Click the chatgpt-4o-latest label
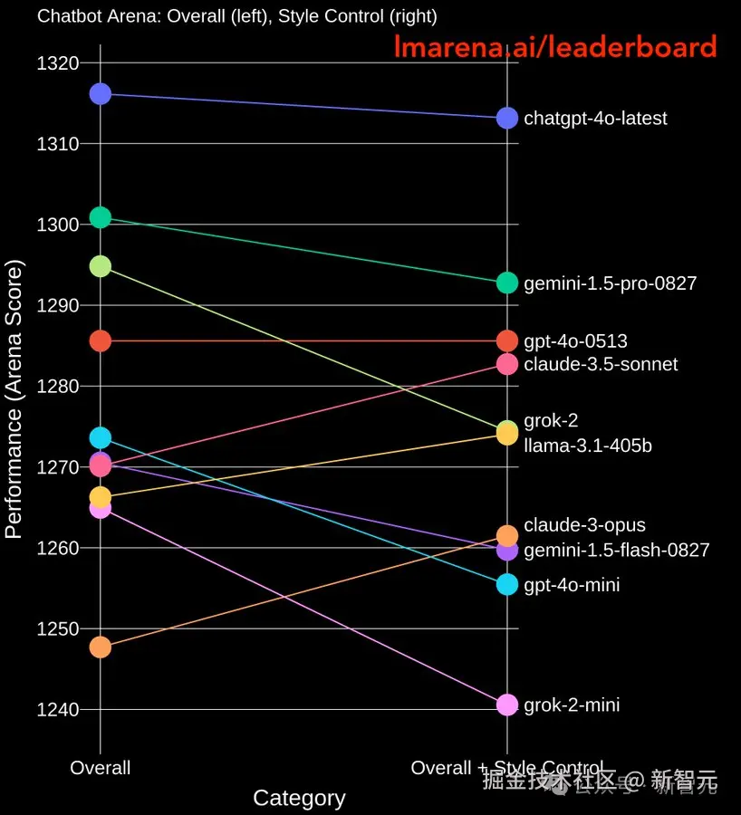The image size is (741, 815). [595, 119]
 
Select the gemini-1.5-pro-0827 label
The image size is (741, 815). [610, 283]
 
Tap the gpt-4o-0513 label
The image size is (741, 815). [575, 341]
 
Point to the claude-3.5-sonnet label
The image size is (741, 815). [601, 364]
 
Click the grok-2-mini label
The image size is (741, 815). [572, 705]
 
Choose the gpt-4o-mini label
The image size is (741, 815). [572, 585]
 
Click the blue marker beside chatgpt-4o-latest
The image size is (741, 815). [507, 118]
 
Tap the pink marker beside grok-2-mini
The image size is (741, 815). [507, 705]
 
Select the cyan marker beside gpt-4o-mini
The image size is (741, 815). [507, 585]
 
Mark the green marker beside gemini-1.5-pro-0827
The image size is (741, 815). [507, 283]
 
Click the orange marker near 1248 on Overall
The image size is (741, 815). [100, 647]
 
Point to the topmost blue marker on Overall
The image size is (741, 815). [100, 93]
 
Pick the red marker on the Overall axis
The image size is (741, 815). [100, 340]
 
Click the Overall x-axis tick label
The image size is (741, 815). [100, 768]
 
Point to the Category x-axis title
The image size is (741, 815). [299, 798]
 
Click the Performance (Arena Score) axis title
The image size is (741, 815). [14, 398]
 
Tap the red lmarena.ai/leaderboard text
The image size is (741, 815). [554, 47]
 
